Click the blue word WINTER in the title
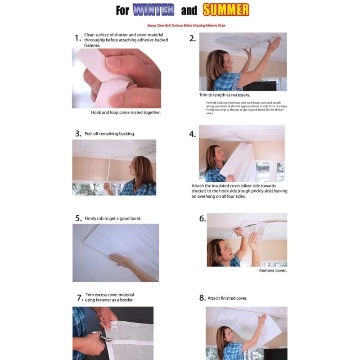coord(153,10)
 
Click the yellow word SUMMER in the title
coord(225,10)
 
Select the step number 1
coord(77,38)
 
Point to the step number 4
coord(192,134)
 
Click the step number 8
coord(202,298)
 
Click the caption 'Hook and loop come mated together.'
coord(126,112)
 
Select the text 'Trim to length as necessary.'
coord(225,95)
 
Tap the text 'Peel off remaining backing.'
coord(109,134)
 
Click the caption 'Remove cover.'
coord(273,270)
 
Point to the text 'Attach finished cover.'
coord(227,298)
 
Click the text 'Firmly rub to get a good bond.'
coord(113,218)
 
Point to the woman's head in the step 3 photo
coord(141,168)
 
